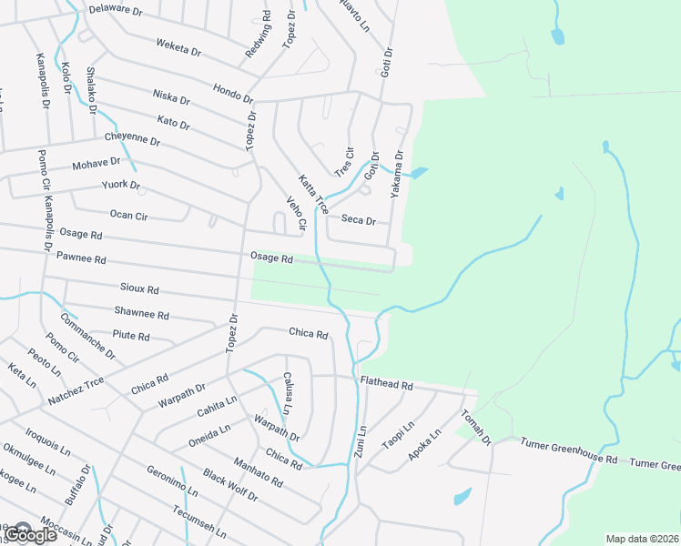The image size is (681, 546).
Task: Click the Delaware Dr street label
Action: [x=117, y=11]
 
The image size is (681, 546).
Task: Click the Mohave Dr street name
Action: [x=97, y=164]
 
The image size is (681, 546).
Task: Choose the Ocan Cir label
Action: [x=128, y=216]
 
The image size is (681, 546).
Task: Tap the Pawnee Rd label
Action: [x=81, y=258]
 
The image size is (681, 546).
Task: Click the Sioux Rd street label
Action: [x=139, y=288]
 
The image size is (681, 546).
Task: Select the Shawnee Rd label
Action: [x=141, y=314]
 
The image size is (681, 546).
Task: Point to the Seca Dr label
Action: [x=358, y=219]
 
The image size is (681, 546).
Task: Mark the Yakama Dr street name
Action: [x=397, y=175]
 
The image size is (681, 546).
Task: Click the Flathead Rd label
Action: [x=386, y=385]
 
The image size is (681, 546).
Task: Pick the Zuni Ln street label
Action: [x=361, y=441]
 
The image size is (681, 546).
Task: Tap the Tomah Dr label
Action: [x=476, y=428]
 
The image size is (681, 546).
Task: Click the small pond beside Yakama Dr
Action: [x=419, y=172]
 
